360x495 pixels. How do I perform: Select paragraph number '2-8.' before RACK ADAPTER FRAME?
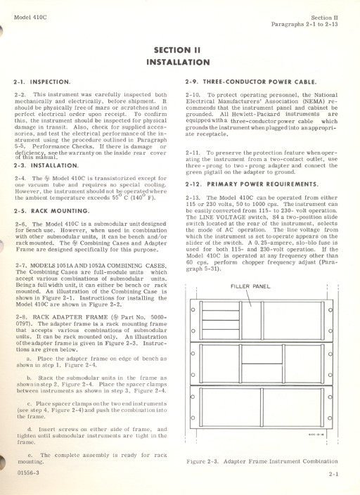(x=21, y=317)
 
